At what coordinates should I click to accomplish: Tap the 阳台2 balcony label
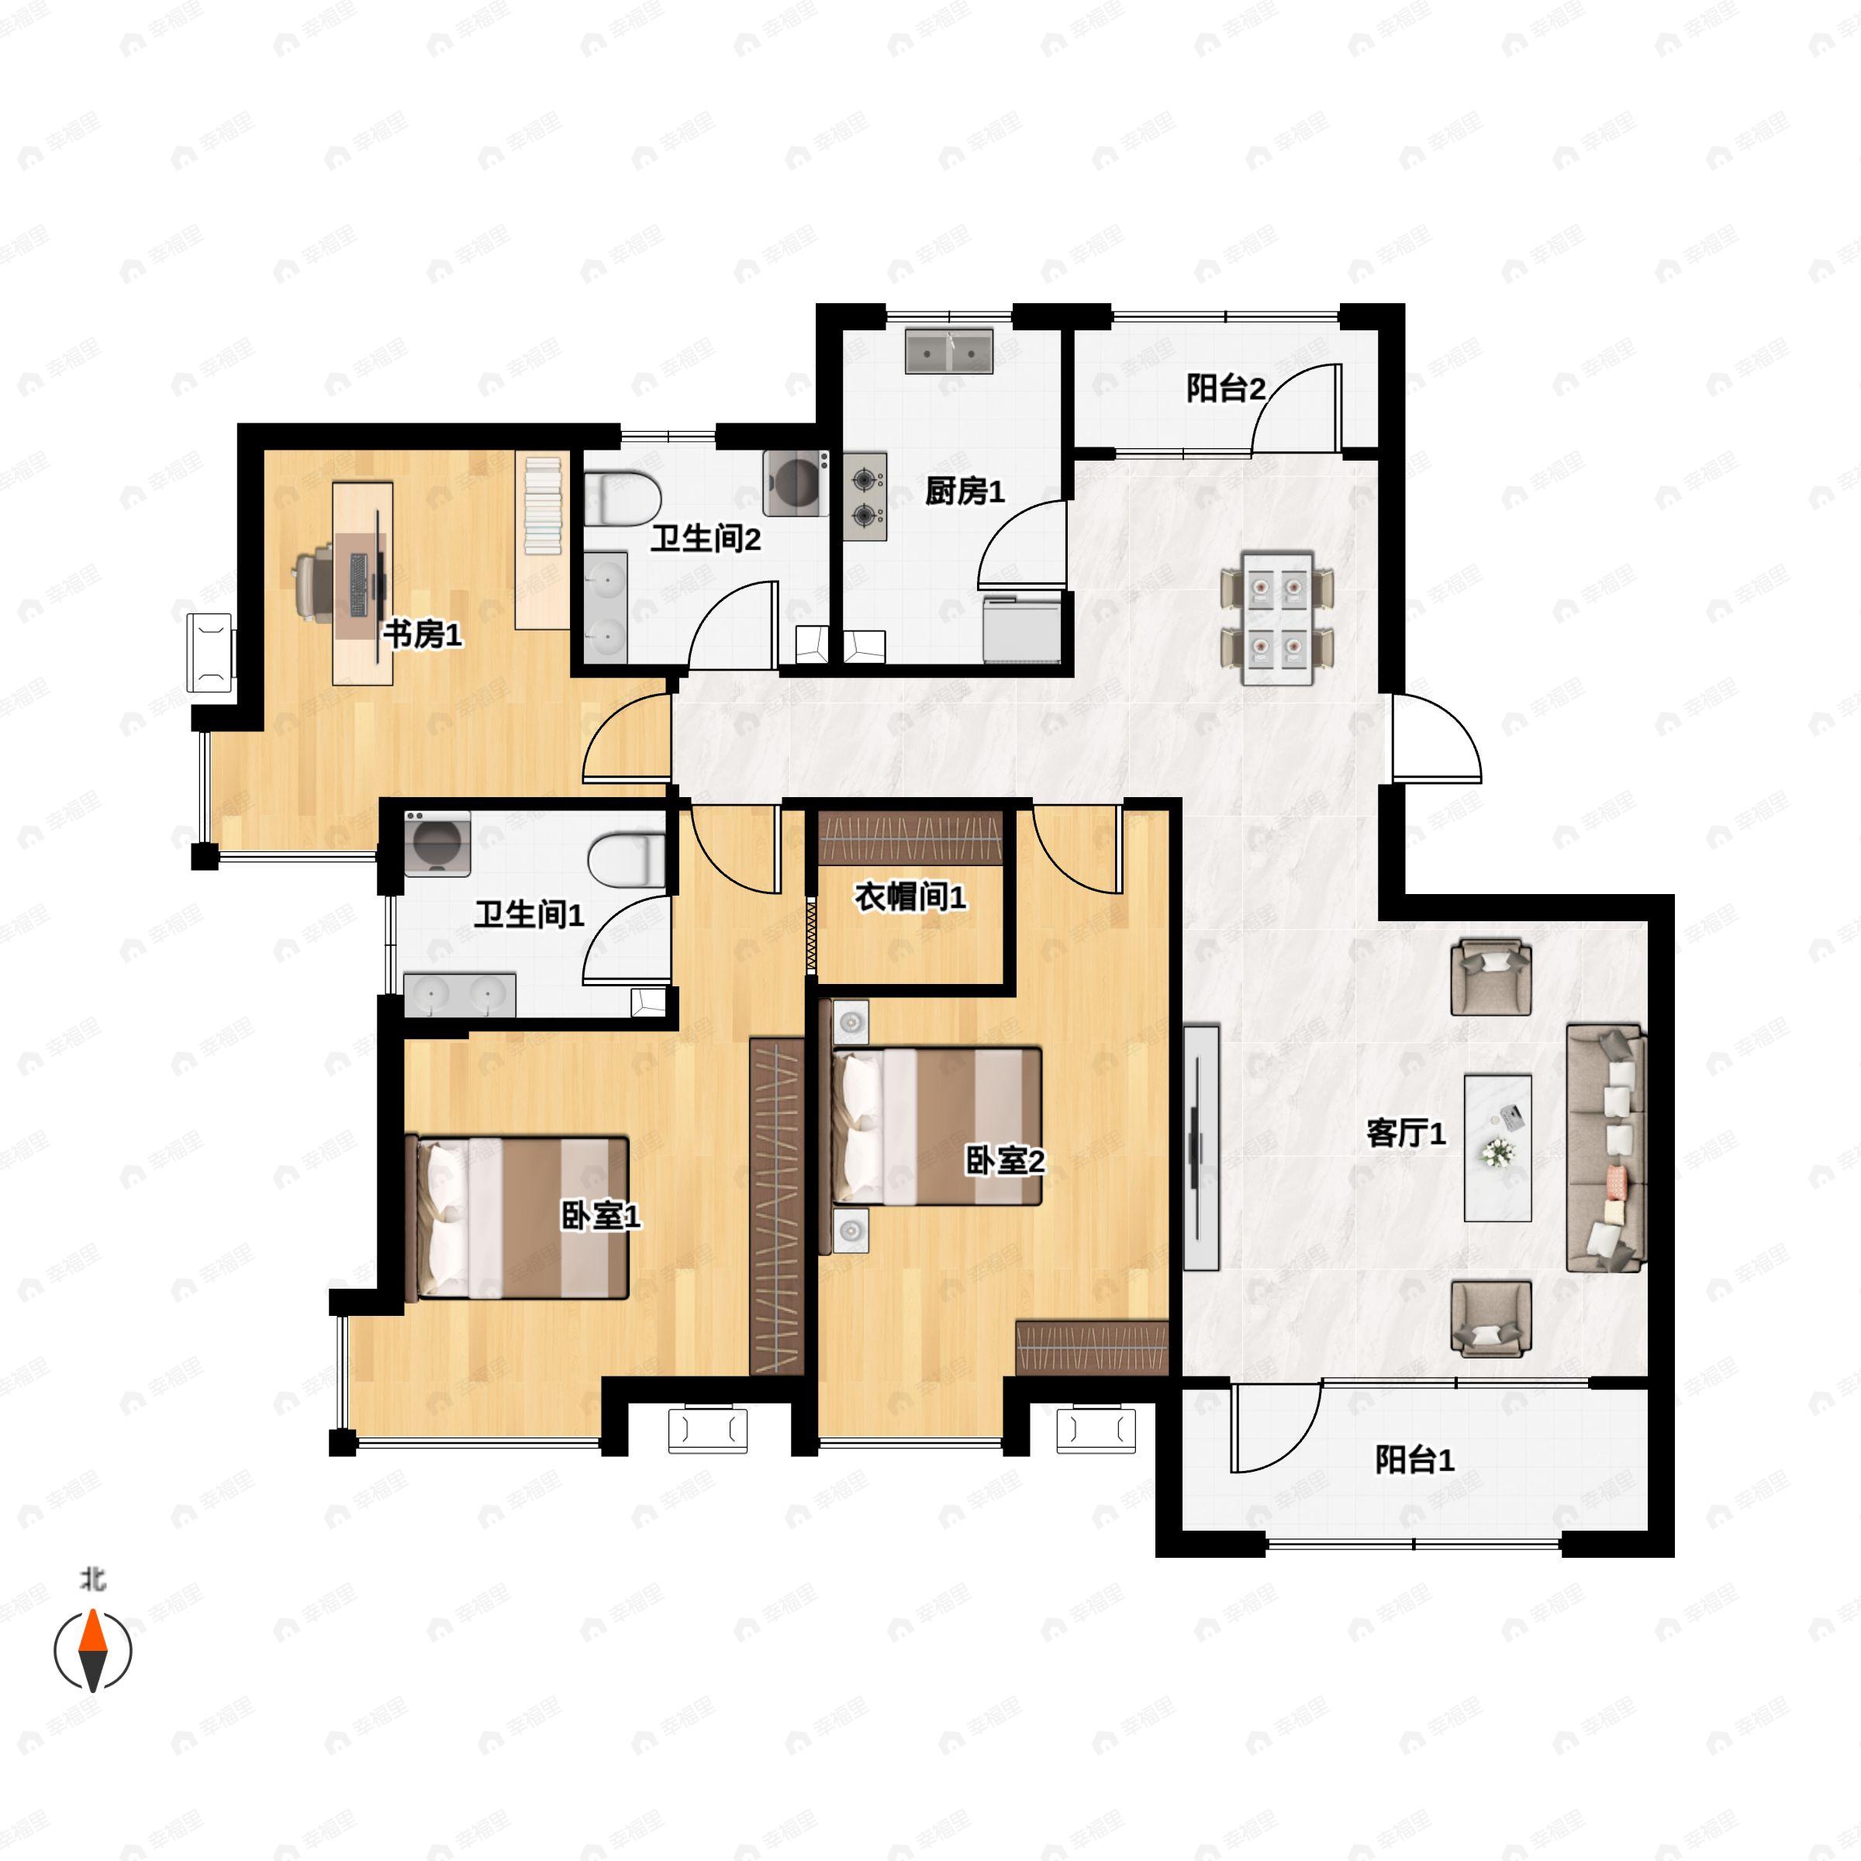point(1225,389)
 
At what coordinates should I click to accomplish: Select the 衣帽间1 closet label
point(910,897)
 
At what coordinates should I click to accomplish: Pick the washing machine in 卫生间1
point(437,844)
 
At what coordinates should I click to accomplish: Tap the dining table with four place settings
point(1277,619)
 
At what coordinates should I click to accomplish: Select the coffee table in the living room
point(1498,1148)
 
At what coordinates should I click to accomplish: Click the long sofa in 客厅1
point(1605,1148)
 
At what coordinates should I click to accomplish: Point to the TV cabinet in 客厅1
point(1201,1148)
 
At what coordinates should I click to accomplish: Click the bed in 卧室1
point(522,1217)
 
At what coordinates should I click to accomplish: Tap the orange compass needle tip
point(92,1611)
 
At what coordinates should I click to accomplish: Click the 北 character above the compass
point(92,1579)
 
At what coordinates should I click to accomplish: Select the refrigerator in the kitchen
point(1023,629)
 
